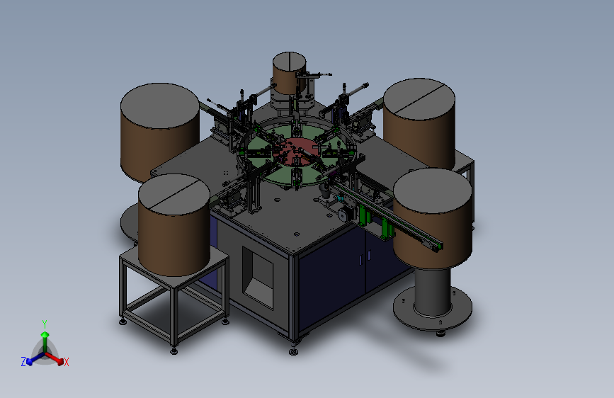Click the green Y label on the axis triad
45,324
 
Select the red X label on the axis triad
66,362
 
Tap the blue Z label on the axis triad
23,362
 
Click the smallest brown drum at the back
289,73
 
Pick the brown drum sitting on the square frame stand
174,225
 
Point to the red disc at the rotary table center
297,152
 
